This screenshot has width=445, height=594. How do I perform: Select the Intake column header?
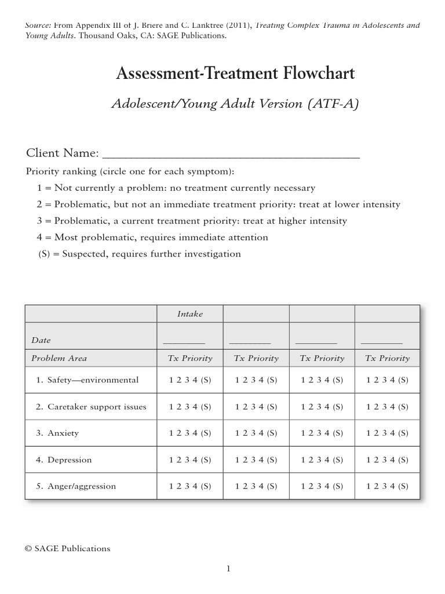click(190, 314)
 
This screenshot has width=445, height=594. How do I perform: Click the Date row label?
click(41, 341)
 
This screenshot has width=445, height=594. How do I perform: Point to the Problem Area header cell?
click(59, 358)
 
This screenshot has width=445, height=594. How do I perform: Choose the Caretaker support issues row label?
click(91, 407)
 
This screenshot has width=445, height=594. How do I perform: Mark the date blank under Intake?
click(184, 343)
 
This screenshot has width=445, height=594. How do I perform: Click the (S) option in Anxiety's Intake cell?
click(206, 433)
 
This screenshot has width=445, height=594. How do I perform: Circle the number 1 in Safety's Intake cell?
click(171, 381)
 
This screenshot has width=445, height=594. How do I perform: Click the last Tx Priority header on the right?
click(387, 358)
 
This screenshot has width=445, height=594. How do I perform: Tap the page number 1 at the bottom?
click(228, 569)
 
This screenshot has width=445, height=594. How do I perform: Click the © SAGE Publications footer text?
click(67, 548)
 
